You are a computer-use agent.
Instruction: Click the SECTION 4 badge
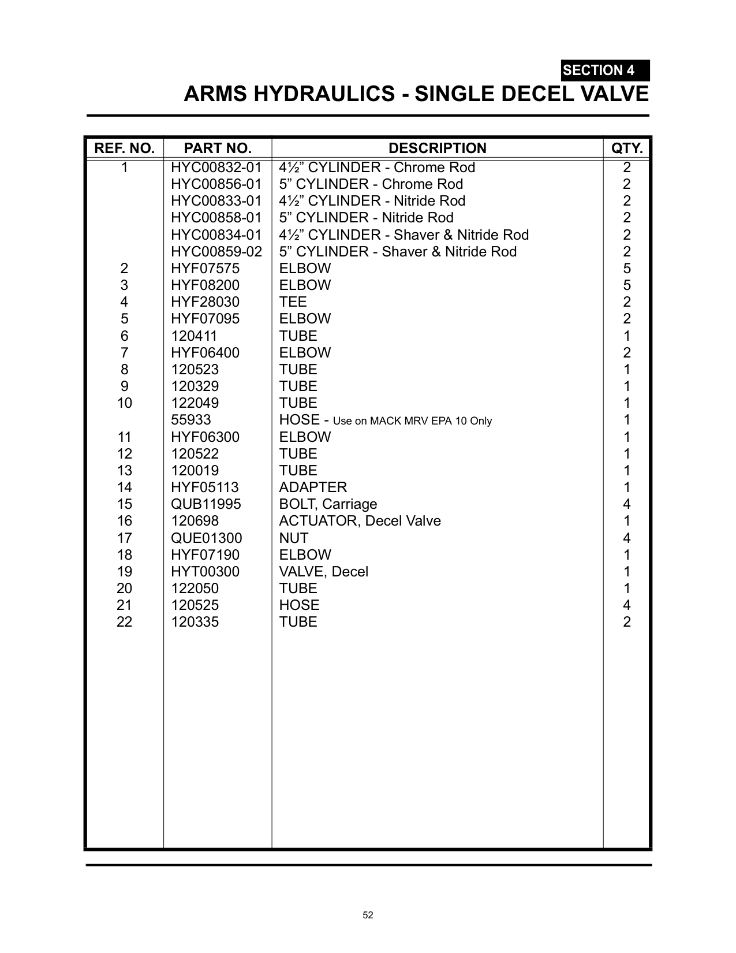(x=605, y=70)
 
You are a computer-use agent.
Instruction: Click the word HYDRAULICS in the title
(x=325, y=94)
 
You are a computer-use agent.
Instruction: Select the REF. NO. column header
(x=124, y=148)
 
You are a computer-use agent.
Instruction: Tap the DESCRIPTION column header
(x=437, y=148)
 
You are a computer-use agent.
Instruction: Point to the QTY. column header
(x=627, y=148)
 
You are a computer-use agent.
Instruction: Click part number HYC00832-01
(x=216, y=167)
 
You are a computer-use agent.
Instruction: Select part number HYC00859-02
(x=216, y=252)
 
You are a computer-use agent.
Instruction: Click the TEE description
(x=293, y=302)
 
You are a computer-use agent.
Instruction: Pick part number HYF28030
(x=205, y=302)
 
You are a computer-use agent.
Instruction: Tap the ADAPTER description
(x=313, y=487)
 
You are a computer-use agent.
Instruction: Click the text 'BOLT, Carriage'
(x=328, y=504)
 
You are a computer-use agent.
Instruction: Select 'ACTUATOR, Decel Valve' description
(x=360, y=521)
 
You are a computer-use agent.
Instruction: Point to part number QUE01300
(x=206, y=538)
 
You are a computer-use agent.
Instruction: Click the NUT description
(x=293, y=538)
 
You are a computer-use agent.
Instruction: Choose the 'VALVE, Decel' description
(x=323, y=572)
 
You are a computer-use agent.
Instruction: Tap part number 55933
(x=191, y=420)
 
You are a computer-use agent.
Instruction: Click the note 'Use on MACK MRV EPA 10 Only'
(x=412, y=421)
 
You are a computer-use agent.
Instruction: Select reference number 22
(x=124, y=622)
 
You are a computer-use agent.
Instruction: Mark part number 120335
(x=195, y=622)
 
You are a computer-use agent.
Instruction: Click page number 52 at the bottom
(x=368, y=915)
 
